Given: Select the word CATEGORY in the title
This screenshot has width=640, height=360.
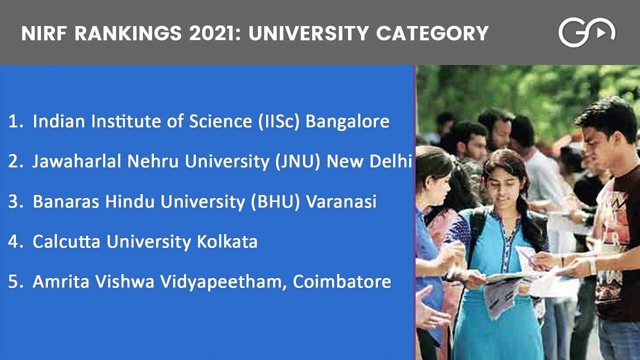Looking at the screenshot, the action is [x=432, y=33].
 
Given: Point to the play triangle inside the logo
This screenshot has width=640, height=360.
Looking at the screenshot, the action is [x=601, y=33].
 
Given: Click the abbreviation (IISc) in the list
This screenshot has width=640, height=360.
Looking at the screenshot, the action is [x=278, y=121].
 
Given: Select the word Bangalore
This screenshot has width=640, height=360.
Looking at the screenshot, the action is [x=347, y=121].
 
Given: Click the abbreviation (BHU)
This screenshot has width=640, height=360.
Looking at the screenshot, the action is [x=275, y=201].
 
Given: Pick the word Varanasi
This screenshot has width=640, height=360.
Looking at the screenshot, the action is [x=341, y=201].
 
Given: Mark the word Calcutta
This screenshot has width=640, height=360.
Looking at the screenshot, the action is [x=66, y=241].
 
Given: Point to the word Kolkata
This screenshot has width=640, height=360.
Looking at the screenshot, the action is [x=227, y=241].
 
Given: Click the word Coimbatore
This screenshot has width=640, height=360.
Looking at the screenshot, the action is [x=341, y=281].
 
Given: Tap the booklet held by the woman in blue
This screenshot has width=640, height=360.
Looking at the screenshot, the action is [x=505, y=291].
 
